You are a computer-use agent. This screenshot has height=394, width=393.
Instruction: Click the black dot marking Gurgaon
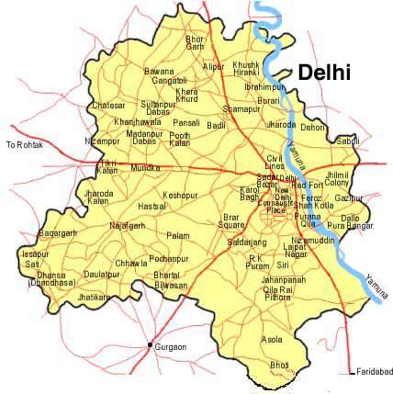coord(150,345)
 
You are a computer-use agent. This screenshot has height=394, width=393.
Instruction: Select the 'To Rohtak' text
coord(24,145)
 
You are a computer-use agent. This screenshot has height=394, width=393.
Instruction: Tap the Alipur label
coord(213,66)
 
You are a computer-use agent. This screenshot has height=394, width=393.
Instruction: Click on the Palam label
coord(177,235)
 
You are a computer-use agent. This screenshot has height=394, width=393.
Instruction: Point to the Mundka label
coord(145,168)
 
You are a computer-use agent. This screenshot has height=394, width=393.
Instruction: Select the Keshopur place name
coord(179,196)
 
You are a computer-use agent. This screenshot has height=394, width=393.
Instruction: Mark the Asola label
coord(272,339)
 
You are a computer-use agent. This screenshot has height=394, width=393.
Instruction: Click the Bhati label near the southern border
coord(278,365)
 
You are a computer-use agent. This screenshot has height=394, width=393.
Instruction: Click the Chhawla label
coord(130,264)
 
